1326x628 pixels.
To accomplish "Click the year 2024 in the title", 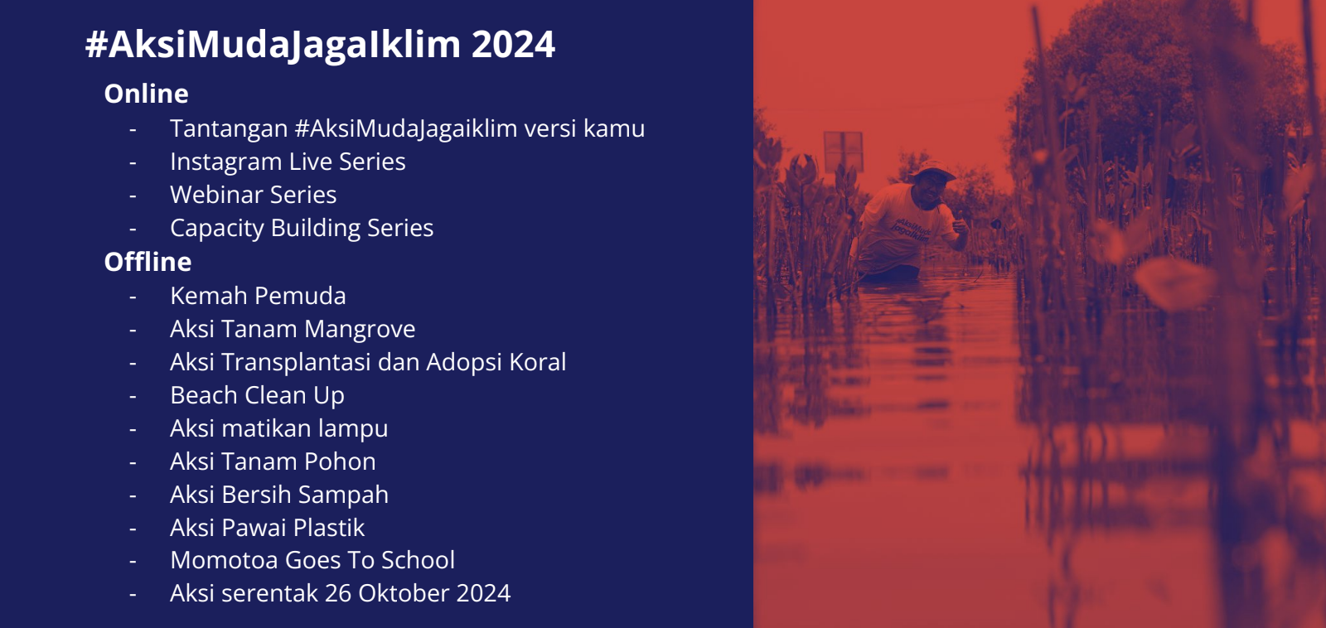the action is pyautogui.click(x=513, y=45).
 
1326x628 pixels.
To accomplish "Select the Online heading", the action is pyautogui.click(x=146, y=94).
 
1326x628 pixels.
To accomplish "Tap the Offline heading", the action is pyautogui.click(x=148, y=262).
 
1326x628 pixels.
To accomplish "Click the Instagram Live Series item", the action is pyautogui.click(x=288, y=162).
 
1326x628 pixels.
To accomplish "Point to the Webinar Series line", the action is pyautogui.click(x=254, y=195).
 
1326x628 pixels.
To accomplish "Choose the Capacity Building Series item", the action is pyautogui.click(x=302, y=229).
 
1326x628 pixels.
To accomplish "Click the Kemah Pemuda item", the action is pyautogui.click(x=258, y=296).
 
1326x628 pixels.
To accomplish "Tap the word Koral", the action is pyautogui.click(x=538, y=362).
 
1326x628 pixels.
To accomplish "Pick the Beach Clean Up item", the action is pyautogui.click(x=258, y=396).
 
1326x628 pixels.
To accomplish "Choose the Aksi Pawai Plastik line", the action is pyautogui.click(x=268, y=528).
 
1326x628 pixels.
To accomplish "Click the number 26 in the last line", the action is pyautogui.click(x=338, y=594).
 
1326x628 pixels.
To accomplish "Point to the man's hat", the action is pyautogui.click(x=933, y=170).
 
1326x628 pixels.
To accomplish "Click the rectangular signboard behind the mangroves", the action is pyautogui.click(x=843, y=152).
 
